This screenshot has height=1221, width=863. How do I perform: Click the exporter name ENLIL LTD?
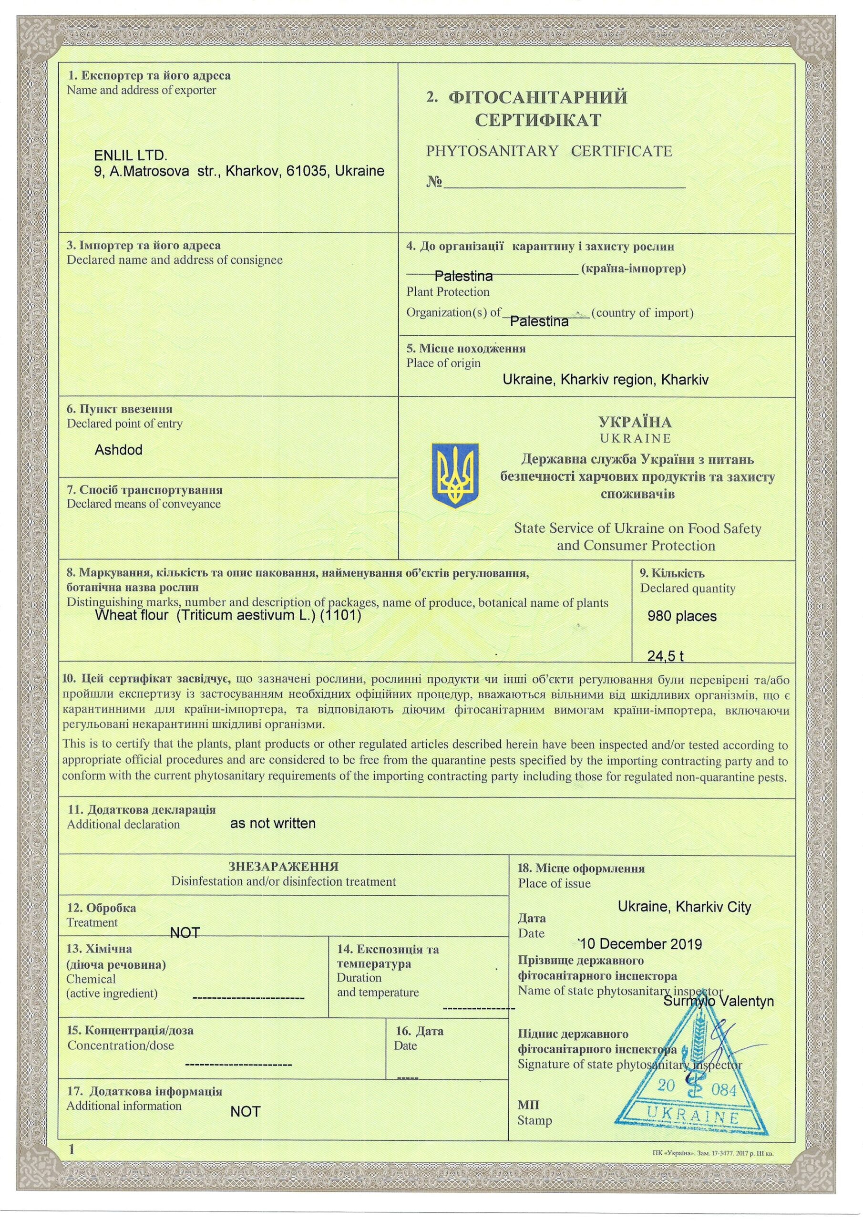coord(130,156)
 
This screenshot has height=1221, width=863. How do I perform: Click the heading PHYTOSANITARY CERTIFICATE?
coord(549,151)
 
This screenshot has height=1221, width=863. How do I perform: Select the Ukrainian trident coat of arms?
coord(455,475)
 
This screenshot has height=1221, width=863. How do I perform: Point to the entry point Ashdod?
coord(119,450)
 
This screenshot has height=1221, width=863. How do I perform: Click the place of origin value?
coord(606,380)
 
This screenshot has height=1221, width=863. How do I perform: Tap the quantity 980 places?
coord(682,616)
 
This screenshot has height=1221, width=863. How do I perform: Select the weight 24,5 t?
coord(665,656)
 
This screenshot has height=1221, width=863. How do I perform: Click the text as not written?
coord(273,823)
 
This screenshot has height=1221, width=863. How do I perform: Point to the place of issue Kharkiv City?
coord(713,907)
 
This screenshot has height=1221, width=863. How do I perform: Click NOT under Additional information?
coord(245,1127)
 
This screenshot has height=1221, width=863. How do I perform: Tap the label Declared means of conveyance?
coord(144,504)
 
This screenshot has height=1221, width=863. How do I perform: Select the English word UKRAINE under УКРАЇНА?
coord(635,438)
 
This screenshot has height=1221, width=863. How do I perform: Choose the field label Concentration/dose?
coord(121,1045)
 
